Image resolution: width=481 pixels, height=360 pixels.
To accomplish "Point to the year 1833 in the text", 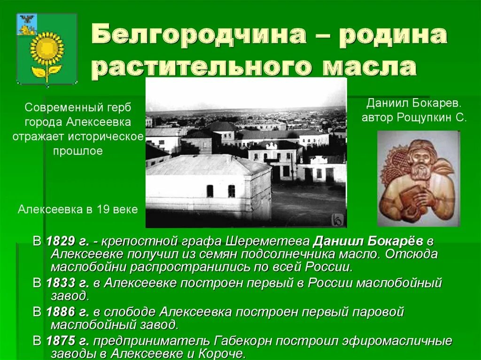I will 61,283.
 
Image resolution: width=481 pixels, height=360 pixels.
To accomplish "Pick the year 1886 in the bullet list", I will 61,312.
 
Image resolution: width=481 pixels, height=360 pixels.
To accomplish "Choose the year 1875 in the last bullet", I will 61,341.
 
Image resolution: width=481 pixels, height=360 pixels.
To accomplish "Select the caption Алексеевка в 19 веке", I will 78,209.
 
